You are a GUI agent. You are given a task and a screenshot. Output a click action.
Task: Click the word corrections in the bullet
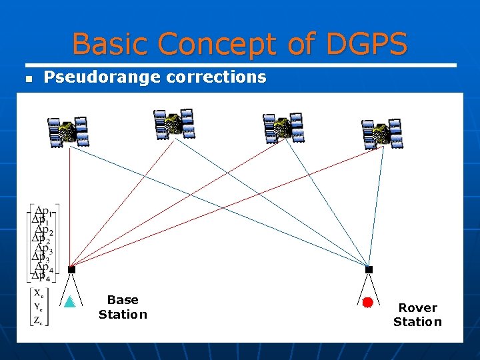click(x=216, y=77)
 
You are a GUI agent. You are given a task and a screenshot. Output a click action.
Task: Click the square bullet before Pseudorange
click(x=28, y=79)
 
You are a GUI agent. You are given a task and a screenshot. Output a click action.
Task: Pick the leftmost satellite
click(x=68, y=132)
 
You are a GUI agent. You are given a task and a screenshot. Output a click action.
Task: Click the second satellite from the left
click(x=173, y=124)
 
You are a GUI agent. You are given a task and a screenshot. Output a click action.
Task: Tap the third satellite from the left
click(x=283, y=127)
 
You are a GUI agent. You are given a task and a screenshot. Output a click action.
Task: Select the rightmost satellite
click(x=382, y=134)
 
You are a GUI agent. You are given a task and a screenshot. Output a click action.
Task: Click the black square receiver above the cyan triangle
click(x=71, y=269)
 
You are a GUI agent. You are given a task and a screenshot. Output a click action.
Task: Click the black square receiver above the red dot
click(x=369, y=269)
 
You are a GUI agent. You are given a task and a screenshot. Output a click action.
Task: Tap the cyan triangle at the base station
click(x=69, y=301)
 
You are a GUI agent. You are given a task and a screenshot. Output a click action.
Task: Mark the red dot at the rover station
click(x=367, y=302)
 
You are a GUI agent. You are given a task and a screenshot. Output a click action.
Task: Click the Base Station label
click(x=123, y=307)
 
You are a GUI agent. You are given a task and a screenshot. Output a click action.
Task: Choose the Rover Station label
click(x=417, y=315)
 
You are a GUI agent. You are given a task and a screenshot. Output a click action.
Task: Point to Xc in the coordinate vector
click(x=37, y=294)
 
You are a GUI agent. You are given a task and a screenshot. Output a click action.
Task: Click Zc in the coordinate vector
click(x=37, y=320)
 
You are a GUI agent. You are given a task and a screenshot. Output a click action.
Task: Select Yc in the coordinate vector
click(x=37, y=307)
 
